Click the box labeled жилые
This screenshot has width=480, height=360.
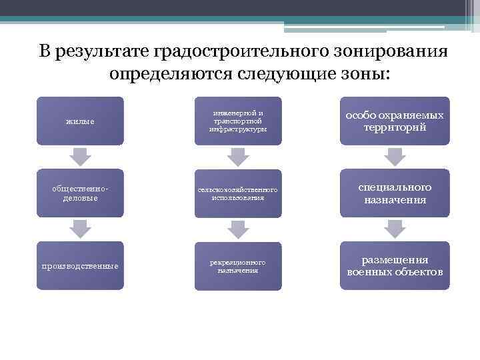click(x=80, y=121)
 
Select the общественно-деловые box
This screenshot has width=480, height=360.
click(x=80, y=193)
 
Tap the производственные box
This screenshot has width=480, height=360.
click(x=80, y=265)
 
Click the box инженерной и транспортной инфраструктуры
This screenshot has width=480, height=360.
click(x=238, y=121)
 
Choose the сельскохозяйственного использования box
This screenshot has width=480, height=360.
click(x=238, y=193)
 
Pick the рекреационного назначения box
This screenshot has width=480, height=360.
click(x=238, y=265)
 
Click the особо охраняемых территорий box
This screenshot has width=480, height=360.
click(x=395, y=121)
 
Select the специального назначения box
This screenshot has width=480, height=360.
click(x=395, y=193)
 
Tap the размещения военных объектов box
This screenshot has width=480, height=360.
click(x=395, y=265)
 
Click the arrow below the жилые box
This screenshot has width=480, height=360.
click(x=80, y=157)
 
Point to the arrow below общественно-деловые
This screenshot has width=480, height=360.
click(x=80, y=229)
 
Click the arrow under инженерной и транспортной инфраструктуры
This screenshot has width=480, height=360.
click(x=238, y=157)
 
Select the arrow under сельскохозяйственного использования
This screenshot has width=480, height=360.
click(x=238, y=229)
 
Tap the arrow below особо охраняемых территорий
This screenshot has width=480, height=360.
click(x=395, y=157)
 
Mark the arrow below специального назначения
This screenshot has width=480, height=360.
click(x=395, y=229)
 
